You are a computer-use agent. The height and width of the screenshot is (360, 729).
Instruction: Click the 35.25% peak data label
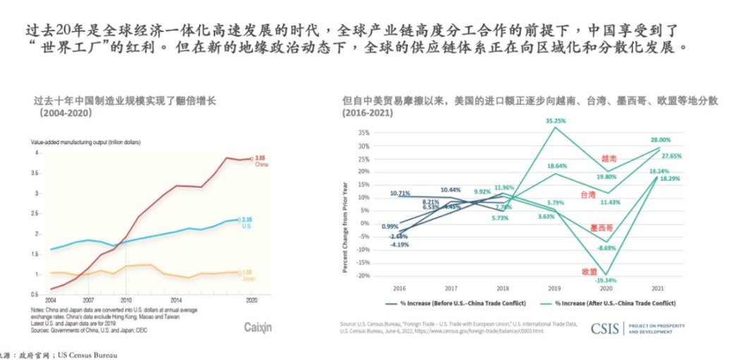click(x=556, y=121)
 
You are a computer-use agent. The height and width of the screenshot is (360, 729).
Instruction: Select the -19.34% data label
click(x=607, y=280)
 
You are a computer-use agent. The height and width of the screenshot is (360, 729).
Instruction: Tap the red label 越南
click(x=609, y=159)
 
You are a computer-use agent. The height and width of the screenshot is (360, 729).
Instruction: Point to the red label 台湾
click(x=587, y=194)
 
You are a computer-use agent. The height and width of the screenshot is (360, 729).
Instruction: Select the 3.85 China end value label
click(x=260, y=157)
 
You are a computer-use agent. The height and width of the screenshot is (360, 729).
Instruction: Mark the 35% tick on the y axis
click(x=363, y=132)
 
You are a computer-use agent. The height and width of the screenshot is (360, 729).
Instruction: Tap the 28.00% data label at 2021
click(x=661, y=140)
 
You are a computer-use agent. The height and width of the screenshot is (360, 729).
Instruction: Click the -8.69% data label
click(x=606, y=248)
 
